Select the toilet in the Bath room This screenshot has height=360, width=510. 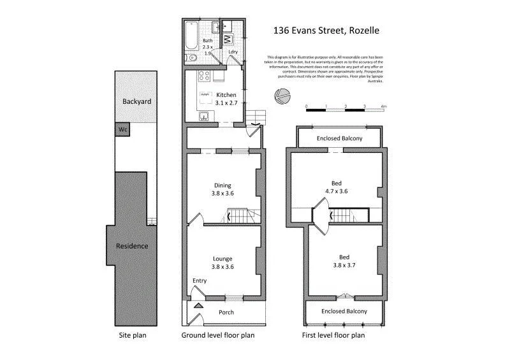click(189, 58)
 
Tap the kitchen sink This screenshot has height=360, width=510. click(205, 116)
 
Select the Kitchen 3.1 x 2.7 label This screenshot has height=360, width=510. click(221, 99)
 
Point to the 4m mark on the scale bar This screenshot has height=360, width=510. click(384, 107)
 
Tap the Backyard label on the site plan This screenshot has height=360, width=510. click(136, 101)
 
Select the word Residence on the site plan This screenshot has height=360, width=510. click(132, 246)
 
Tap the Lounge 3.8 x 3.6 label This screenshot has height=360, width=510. click(223, 263)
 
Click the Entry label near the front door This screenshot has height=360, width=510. click(200, 281)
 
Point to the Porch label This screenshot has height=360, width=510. click(226, 312)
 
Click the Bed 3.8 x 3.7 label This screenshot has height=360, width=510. click(344, 262)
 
